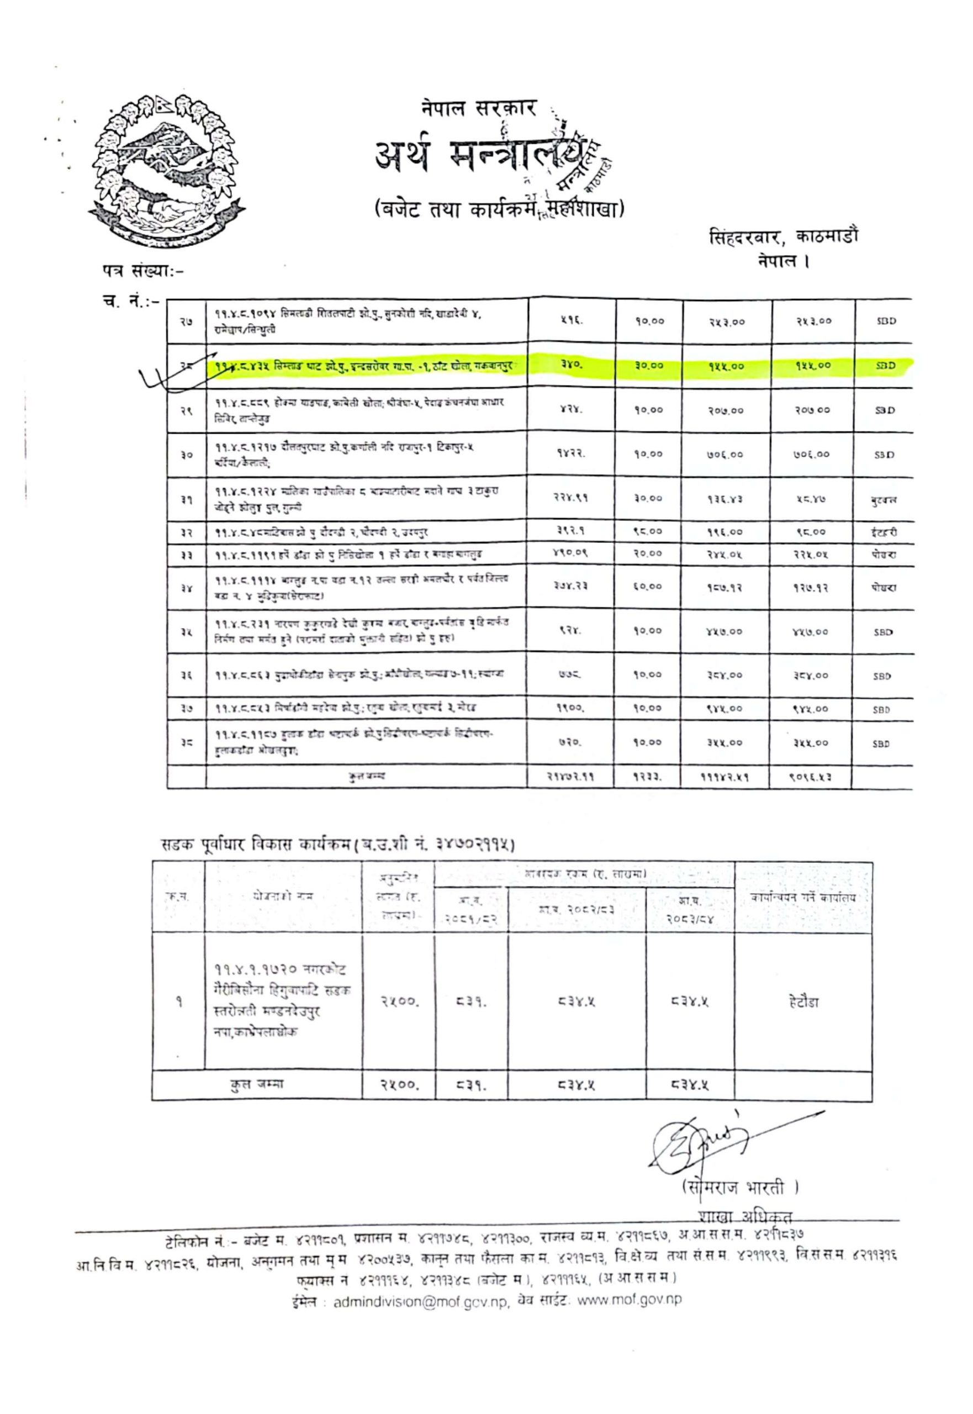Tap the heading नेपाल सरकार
[x=479, y=108]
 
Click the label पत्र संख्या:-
[x=142, y=269]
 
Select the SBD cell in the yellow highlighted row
[x=885, y=366]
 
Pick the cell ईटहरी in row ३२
[x=884, y=532]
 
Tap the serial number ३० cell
[x=186, y=454]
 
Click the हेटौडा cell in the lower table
[x=802, y=1002]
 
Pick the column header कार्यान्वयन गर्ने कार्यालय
[x=803, y=898]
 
